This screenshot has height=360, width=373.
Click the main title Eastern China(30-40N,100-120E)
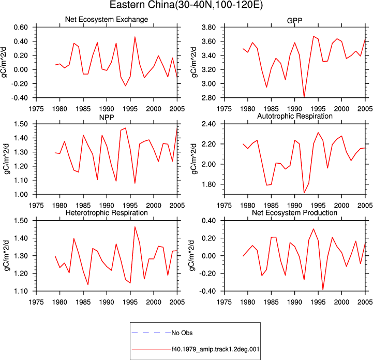tap(186, 5)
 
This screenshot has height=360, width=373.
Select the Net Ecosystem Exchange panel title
tap(107, 19)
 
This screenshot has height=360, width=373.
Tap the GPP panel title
tap(294, 21)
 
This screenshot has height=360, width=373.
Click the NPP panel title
tap(107, 118)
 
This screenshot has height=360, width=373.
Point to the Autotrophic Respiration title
tap(295, 116)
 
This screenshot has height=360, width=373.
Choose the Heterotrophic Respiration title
tap(107, 212)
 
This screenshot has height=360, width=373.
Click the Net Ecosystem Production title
tap(294, 212)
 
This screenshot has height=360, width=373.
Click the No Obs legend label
tap(182, 333)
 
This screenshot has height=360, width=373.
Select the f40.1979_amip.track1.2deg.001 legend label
tap(216, 350)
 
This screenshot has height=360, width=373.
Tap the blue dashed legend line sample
tap(151, 333)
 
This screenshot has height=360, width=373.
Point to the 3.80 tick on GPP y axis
tap(208, 27)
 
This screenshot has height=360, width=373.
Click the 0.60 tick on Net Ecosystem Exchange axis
tap(21, 27)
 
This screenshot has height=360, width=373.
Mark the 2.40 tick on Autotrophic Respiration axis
tap(208, 124)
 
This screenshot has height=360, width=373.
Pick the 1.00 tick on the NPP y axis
tap(21, 194)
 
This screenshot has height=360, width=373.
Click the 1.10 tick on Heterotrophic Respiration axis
tap(21, 291)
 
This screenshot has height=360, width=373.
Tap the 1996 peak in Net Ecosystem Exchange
tap(135, 37)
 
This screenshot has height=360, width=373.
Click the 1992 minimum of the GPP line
tap(304, 97)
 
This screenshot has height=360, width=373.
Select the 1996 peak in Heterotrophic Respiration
tap(135, 227)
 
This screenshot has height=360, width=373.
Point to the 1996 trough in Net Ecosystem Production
tap(323, 290)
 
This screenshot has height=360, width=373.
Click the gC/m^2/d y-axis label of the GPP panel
tap(193, 63)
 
